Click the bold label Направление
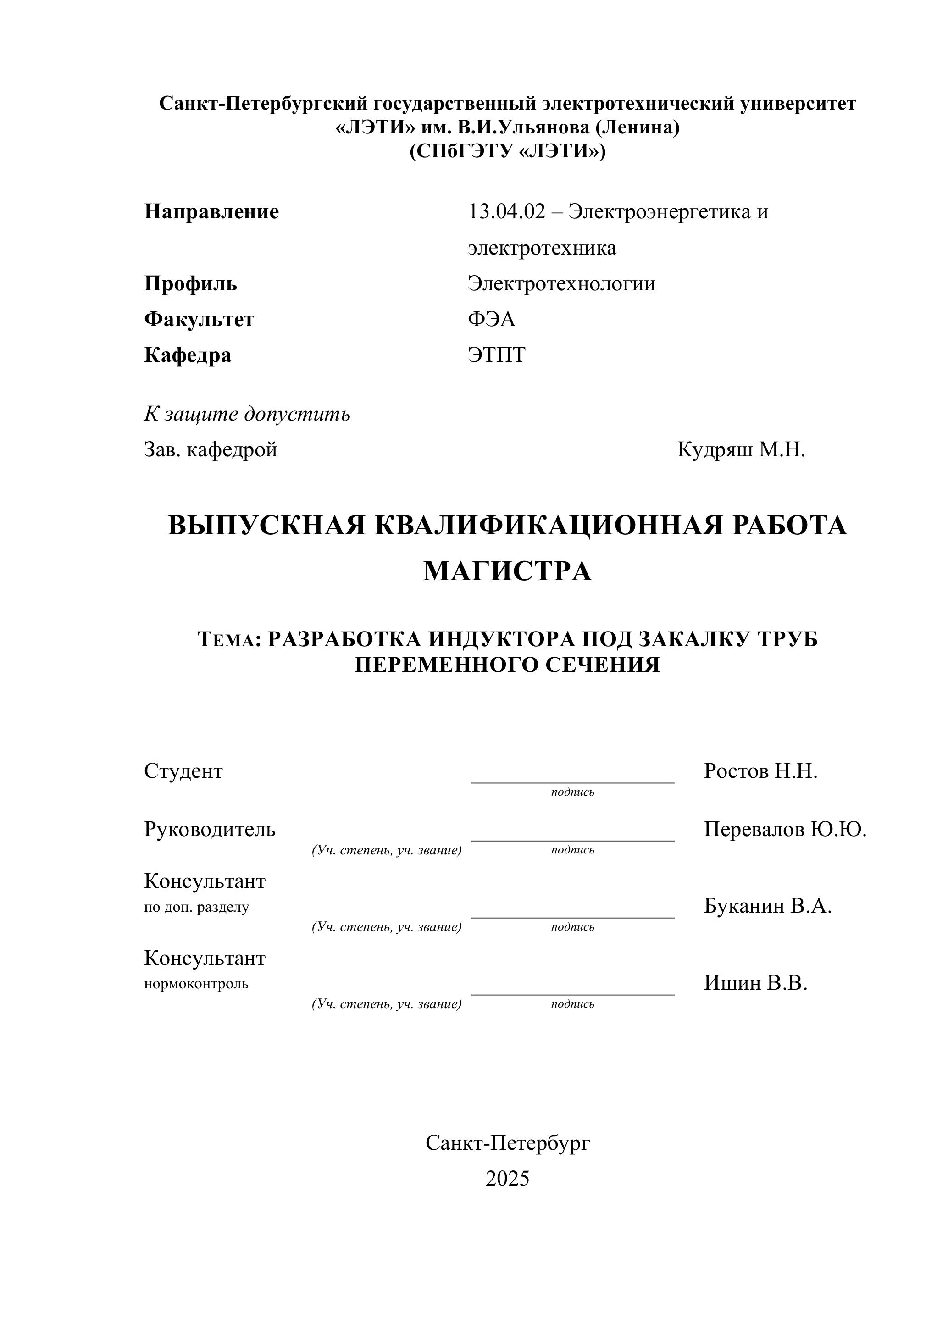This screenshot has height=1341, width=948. [211, 211]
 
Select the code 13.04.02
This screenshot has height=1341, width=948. [506, 211]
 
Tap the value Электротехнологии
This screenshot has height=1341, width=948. [561, 284]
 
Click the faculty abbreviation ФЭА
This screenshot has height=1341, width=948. [491, 320]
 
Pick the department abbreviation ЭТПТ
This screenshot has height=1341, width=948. [497, 355]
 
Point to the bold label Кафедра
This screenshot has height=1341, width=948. [188, 355]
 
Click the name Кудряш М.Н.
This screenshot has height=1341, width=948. [741, 450]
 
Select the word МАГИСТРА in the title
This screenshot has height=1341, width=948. [507, 571]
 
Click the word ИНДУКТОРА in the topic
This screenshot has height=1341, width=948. [502, 640]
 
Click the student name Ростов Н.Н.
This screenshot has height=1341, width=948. [760, 771]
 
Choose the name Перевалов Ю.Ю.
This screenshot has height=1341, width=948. [784, 829]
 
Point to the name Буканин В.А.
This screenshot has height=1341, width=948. [767, 906]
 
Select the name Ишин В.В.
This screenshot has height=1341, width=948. [755, 983]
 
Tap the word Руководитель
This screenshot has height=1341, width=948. [210, 829]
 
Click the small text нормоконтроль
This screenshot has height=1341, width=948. [196, 984]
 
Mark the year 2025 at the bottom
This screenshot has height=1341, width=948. [507, 1179]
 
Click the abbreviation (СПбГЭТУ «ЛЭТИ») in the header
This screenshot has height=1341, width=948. [507, 151]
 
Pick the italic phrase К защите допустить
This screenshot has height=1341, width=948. [247, 414]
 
